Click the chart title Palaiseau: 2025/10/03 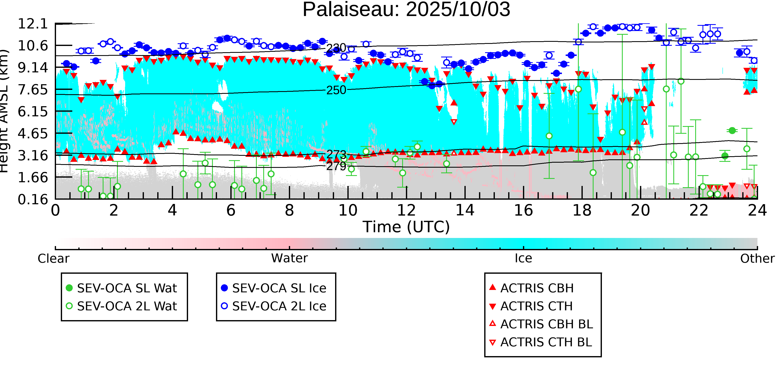point(406,10)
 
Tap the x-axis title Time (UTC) point(406,227)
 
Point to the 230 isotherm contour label point(336,48)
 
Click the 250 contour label point(336,90)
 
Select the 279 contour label point(336,166)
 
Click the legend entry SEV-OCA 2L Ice point(279,306)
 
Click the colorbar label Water point(289,258)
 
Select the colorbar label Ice point(523,258)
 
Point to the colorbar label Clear point(53,259)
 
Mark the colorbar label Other point(757,259)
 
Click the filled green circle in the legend point(69,288)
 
